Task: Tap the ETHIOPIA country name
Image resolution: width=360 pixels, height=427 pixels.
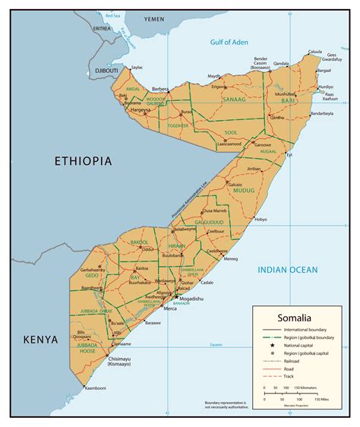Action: click(83, 161)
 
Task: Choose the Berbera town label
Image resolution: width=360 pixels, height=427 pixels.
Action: click(160, 89)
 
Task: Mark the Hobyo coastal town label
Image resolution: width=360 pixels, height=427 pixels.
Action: click(261, 220)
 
